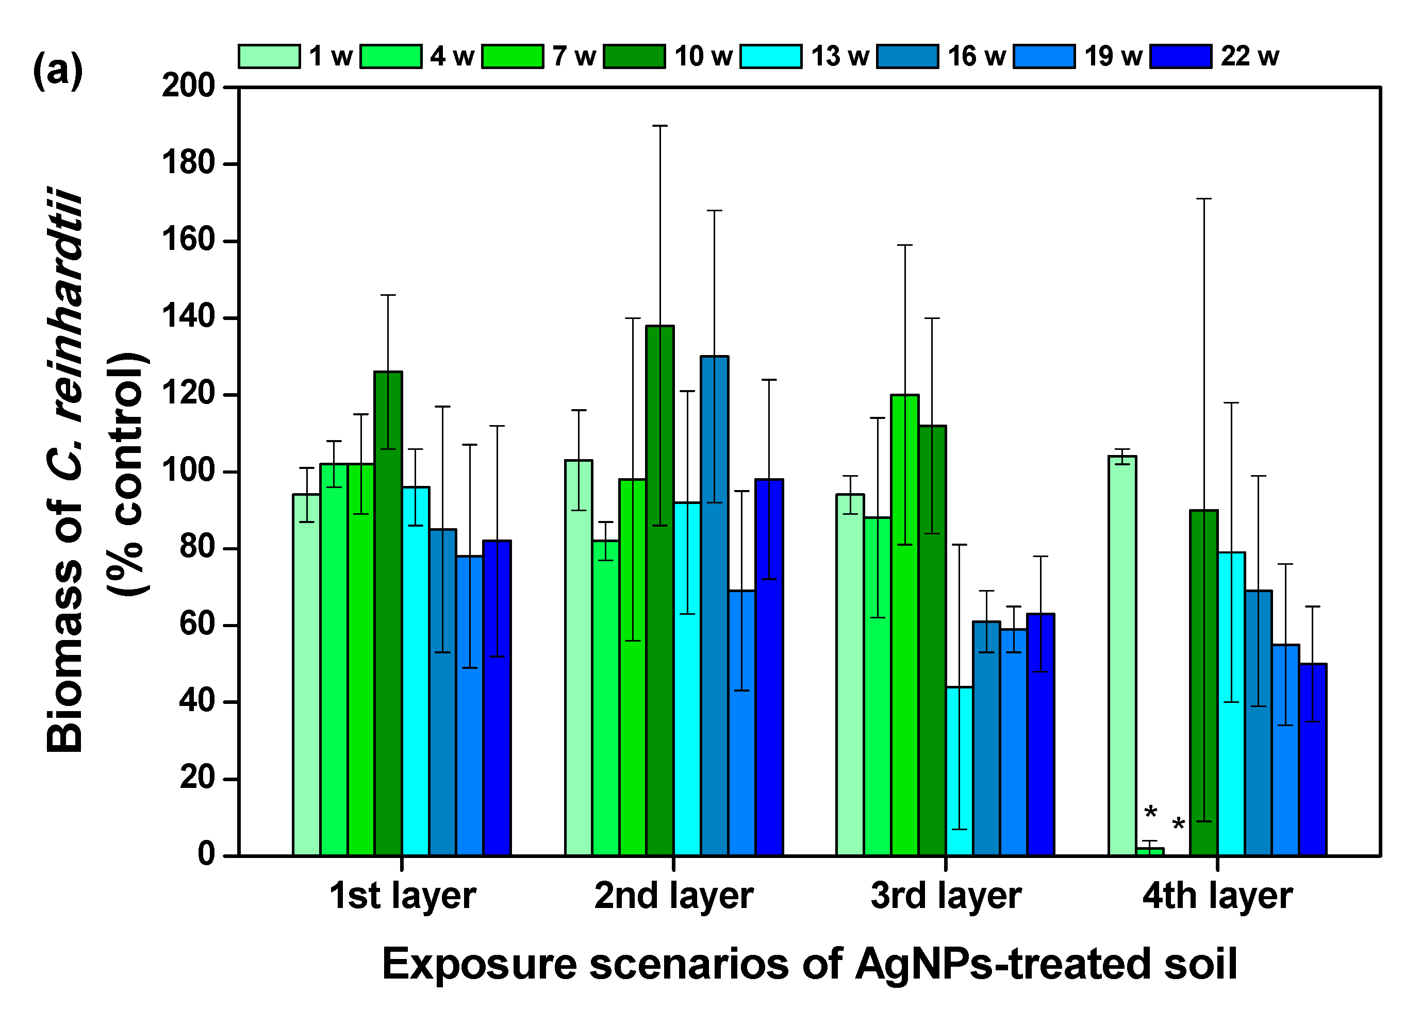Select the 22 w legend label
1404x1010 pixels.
click(x=1249, y=56)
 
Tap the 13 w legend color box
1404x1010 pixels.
click(x=771, y=56)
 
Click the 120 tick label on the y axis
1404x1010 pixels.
click(x=188, y=394)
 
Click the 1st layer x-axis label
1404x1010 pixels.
click(x=402, y=896)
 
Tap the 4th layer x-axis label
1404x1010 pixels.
click(x=1217, y=896)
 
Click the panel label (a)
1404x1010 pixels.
click(x=58, y=70)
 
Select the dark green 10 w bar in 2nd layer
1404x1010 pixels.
click(x=660, y=594)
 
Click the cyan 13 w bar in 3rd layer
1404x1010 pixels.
click(x=959, y=773)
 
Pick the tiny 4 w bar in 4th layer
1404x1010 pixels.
click(x=1150, y=852)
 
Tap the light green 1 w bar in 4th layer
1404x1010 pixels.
click(x=1122, y=656)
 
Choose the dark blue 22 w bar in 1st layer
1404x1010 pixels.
click(x=497, y=699)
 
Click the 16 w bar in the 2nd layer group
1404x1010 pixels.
click(x=715, y=607)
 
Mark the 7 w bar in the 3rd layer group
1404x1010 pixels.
click(x=904, y=625)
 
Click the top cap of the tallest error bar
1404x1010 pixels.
click(x=660, y=126)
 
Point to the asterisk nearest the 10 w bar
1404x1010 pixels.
click(x=1178, y=824)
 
